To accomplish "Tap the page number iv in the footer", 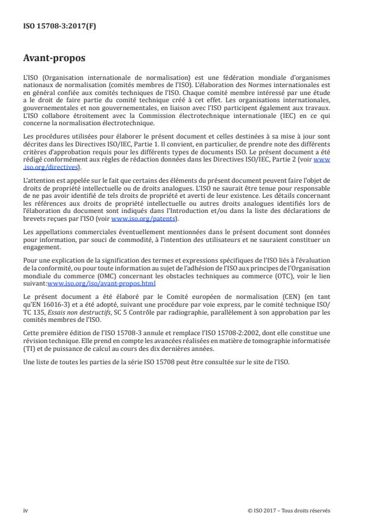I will [25, 510].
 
